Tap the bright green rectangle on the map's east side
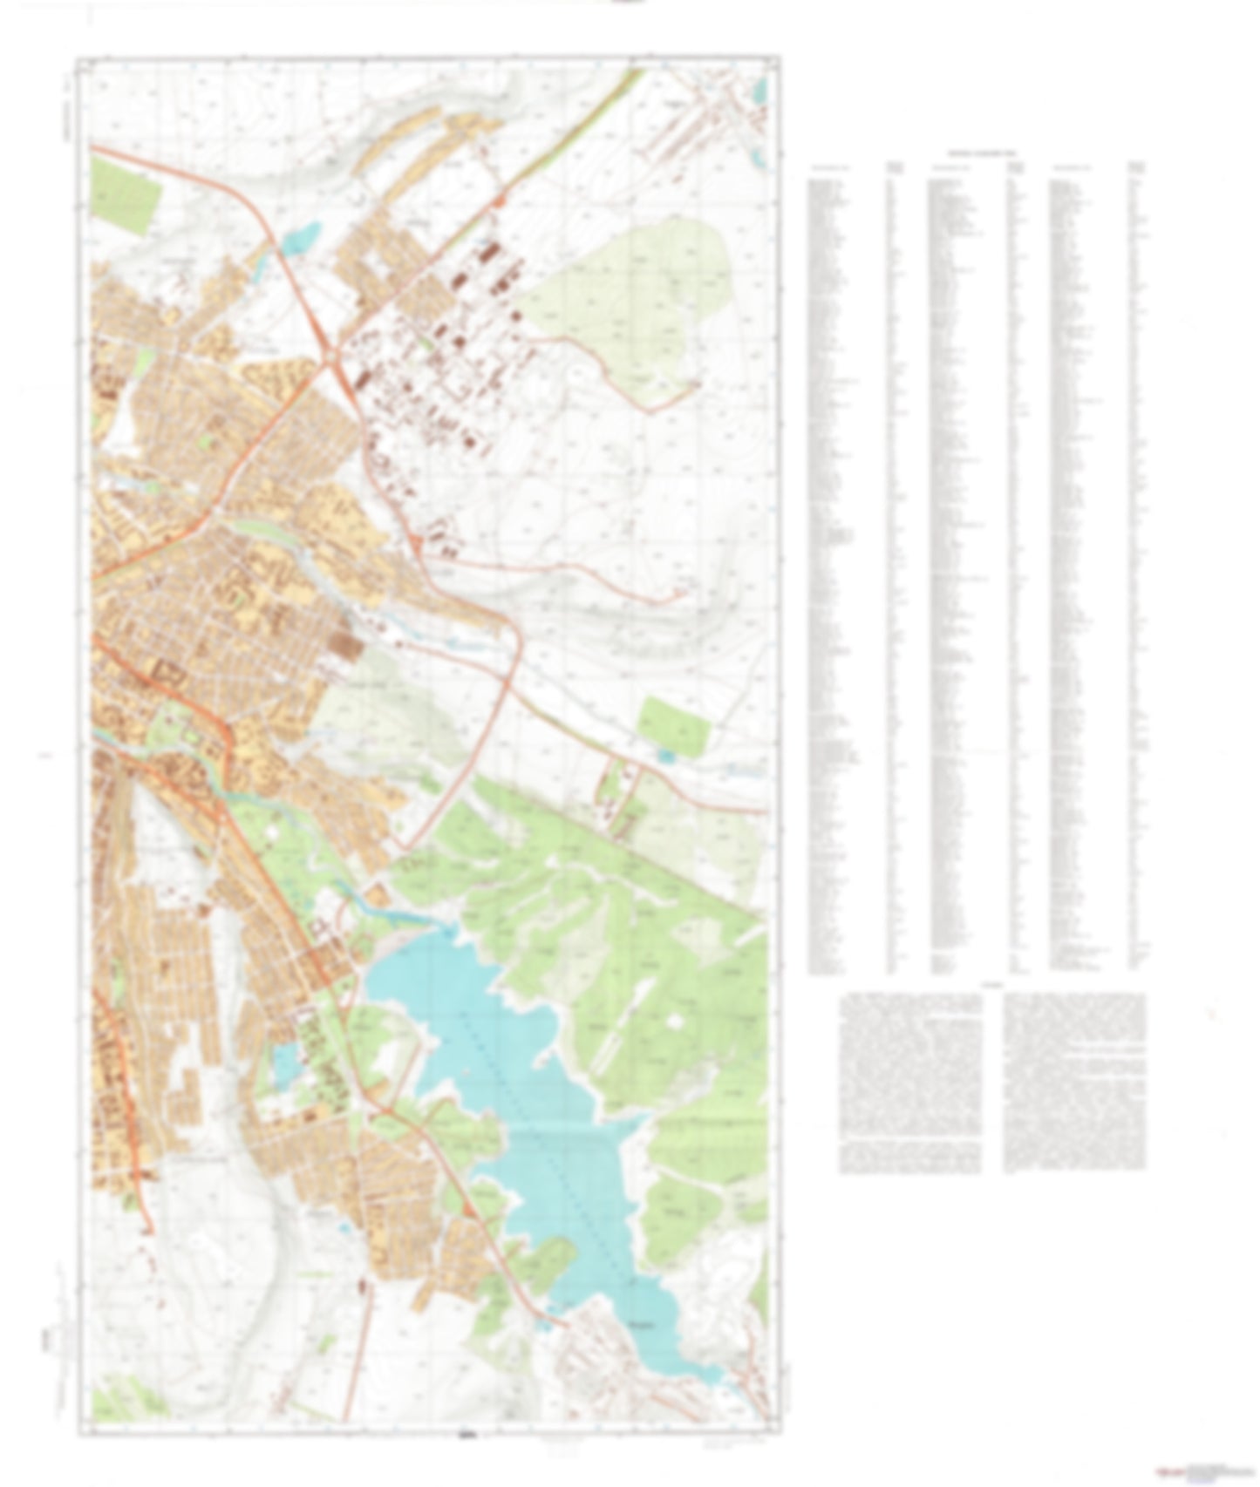(671, 725)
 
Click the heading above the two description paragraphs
(992, 986)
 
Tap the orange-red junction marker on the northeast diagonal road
(499, 202)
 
